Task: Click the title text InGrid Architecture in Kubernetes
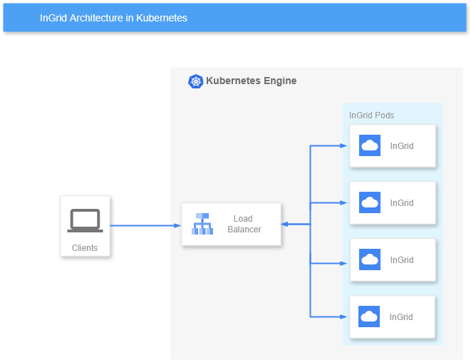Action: pos(114,18)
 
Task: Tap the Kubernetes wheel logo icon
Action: pos(195,81)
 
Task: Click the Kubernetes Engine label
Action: pos(251,81)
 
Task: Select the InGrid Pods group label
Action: pos(371,115)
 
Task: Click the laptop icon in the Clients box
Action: pos(85,220)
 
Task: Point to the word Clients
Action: pos(85,248)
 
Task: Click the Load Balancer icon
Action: pos(202,225)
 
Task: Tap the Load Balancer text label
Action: pos(244,225)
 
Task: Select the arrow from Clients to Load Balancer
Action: pos(145,225)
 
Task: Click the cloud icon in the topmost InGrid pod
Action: pos(369,146)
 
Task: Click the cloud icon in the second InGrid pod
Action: pos(369,203)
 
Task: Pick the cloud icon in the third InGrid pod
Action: pos(369,260)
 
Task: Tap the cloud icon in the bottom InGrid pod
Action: pos(369,317)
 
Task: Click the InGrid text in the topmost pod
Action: pos(402,146)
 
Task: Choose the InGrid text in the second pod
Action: pos(402,203)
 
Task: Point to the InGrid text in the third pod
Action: pos(402,260)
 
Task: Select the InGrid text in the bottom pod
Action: pos(402,317)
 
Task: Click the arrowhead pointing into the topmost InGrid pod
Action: pos(346,146)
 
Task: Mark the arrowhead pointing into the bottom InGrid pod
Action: pos(346,317)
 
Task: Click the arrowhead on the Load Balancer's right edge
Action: pos(285,225)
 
